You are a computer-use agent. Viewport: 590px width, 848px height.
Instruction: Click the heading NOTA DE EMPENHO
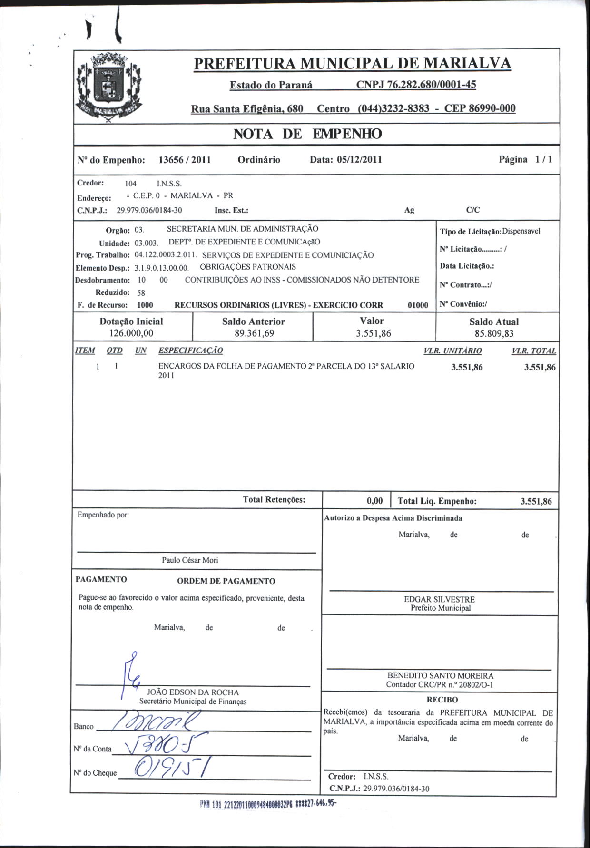click(x=307, y=134)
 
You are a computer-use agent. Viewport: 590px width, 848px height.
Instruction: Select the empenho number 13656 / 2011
click(x=184, y=160)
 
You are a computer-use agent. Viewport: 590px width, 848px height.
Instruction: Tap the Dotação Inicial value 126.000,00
click(x=131, y=333)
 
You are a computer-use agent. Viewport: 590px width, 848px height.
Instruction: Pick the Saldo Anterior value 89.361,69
click(x=254, y=333)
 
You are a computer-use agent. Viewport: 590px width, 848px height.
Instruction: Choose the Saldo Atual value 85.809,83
click(x=493, y=333)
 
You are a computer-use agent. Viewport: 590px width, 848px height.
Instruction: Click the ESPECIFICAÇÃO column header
click(x=190, y=351)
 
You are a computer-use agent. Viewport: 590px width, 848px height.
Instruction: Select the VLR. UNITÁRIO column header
click(x=452, y=351)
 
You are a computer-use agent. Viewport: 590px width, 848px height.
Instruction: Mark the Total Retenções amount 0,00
click(x=374, y=501)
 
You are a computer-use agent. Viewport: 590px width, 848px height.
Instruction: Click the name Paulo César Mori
click(x=190, y=560)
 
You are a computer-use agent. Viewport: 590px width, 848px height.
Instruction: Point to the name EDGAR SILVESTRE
click(x=439, y=599)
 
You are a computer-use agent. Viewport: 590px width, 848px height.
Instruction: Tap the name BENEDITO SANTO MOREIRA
click(x=440, y=675)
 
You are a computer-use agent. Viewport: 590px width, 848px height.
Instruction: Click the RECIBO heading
click(x=442, y=700)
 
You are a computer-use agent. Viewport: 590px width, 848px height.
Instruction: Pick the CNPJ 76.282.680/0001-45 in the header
click(x=416, y=85)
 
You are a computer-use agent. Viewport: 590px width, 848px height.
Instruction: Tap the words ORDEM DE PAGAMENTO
click(x=226, y=581)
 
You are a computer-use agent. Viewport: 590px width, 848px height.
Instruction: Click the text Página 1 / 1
click(x=525, y=159)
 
